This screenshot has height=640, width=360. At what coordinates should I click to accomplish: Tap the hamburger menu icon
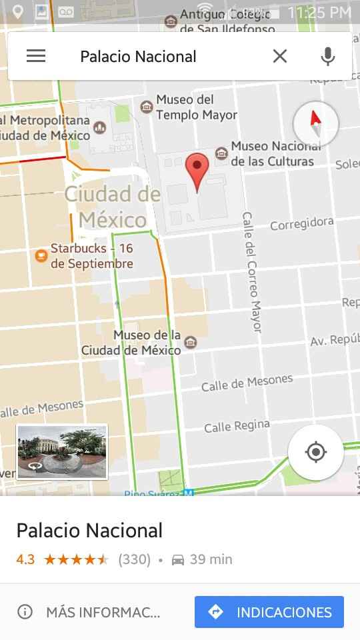(36, 57)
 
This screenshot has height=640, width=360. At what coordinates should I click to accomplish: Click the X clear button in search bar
(280, 57)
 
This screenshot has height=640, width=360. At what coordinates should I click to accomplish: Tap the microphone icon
(327, 57)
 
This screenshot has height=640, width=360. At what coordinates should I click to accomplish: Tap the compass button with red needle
(315, 123)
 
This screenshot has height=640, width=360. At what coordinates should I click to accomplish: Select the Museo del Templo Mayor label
(196, 107)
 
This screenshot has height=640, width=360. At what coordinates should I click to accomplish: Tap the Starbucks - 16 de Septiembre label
(92, 256)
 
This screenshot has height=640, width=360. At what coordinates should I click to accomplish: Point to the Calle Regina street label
(237, 426)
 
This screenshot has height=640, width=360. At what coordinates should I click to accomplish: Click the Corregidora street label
(302, 224)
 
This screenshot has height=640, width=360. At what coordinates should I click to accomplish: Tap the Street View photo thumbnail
(61, 451)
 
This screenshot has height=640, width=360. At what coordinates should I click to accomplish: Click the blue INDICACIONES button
(269, 612)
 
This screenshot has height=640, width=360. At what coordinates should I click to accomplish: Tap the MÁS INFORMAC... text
(103, 612)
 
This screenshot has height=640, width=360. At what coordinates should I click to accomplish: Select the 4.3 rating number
(25, 559)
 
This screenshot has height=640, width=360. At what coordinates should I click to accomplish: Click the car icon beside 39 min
(178, 560)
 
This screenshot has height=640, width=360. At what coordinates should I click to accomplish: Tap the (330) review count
(134, 559)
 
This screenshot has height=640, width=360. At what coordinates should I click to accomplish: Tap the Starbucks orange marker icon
(41, 255)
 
